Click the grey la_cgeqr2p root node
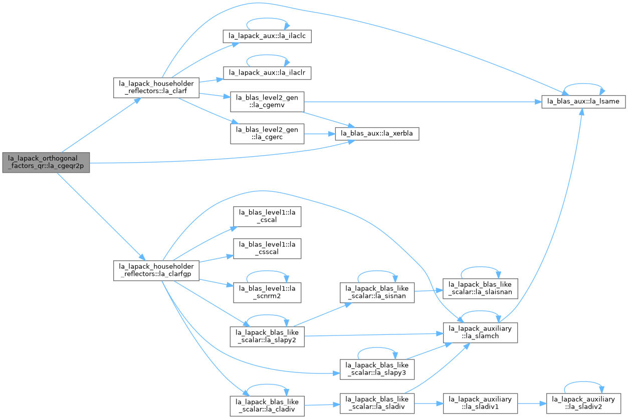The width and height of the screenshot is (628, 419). point(46,163)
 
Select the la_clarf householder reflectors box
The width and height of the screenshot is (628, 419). point(156,88)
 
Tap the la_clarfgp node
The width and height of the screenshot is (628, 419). point(156,270)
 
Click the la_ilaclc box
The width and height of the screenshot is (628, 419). point(267,36)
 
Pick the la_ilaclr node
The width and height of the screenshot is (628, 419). point(267,73)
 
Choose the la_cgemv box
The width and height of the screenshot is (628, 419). point(267,102)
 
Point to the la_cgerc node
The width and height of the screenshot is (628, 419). point(267,134)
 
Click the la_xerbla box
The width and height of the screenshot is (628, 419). point(377,134)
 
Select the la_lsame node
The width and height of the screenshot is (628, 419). point(583,102)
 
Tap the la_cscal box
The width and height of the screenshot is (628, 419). point(267,216)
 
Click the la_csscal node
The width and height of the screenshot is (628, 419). point(267,248)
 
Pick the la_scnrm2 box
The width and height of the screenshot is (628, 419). point(267,292)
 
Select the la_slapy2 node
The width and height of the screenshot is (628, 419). point(267,337)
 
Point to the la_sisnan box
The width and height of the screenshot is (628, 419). point(377,292)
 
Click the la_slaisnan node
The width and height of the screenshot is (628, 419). point(480,288)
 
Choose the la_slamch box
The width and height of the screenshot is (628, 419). point(480,332)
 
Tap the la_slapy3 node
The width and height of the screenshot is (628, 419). point(377,369)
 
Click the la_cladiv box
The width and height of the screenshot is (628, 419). point(267,406)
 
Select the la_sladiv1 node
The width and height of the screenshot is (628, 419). point(480,403)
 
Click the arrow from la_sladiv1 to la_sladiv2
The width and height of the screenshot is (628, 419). point(532,403)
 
